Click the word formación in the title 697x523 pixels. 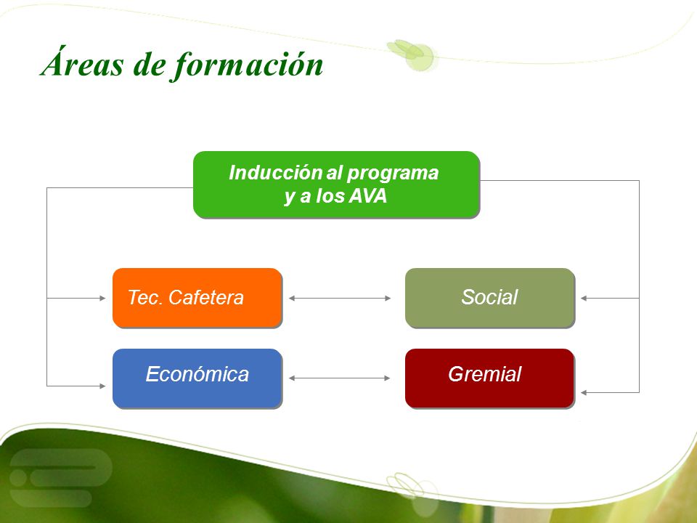click(x=247, y=65)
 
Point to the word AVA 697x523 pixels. click(x=368, y=196)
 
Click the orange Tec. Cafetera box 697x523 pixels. click(x=197, y=298)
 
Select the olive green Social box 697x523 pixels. click(x=490, y=298)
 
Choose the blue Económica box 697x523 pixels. click(x=197, y=378)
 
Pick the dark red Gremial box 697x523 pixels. click(x=490, y=378)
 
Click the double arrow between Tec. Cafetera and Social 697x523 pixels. click(x=340, y=298)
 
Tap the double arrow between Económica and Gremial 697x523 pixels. click(x=340, y=378)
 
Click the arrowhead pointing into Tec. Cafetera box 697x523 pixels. click(x=102, y=298)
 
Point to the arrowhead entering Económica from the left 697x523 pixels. click(x=102, y=386)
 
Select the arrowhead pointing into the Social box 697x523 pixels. click(x=584, y=298)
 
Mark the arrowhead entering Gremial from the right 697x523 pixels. click(x=584, y=393)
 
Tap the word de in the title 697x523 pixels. click(x=150, y=65)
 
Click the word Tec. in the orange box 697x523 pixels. click(x=144, y=298)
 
